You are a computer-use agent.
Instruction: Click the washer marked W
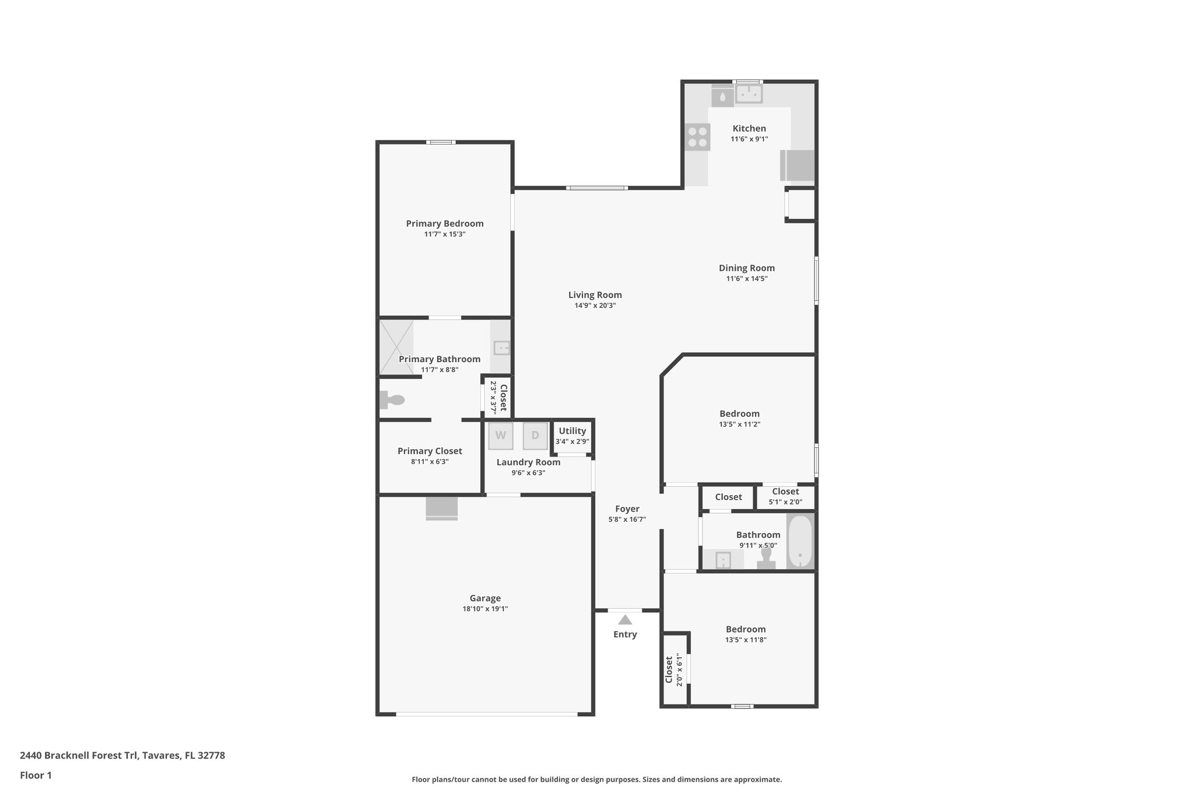click(x=500, y=436)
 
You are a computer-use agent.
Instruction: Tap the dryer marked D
click(x=535, y=436)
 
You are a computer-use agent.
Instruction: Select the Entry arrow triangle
click(x=625, y=620)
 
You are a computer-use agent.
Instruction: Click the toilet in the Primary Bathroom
click(x=392, y=400)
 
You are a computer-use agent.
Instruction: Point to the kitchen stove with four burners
click(x=697, y=138)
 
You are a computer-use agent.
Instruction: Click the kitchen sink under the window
click(x=748, y=94)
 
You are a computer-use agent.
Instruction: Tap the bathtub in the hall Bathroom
click(x=800, y=542)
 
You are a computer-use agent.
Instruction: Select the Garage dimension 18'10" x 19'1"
click(x=485, y=609)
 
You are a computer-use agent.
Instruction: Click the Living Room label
click(x=595, y=295)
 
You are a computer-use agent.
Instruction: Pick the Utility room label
click(x=572, y=431)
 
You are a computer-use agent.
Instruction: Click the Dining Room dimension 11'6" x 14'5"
click(x=746, y=279)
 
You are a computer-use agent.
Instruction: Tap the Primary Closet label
click(x=430, y=451)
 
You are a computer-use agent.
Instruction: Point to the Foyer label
click(x=627, y=509)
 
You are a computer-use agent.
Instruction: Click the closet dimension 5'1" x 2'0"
click(x=785, y=502)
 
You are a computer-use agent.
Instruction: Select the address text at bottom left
click(x=122, y=755)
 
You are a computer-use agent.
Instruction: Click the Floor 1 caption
click(x=36, y=775)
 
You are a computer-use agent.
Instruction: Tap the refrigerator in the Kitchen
click(x=798, y=165)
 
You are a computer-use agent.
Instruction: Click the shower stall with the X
click(x=396, y=346)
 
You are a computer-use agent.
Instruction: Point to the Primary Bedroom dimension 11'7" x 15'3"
click(x=444, y=234)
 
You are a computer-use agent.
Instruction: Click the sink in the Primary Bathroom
click(x=501, y=348)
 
